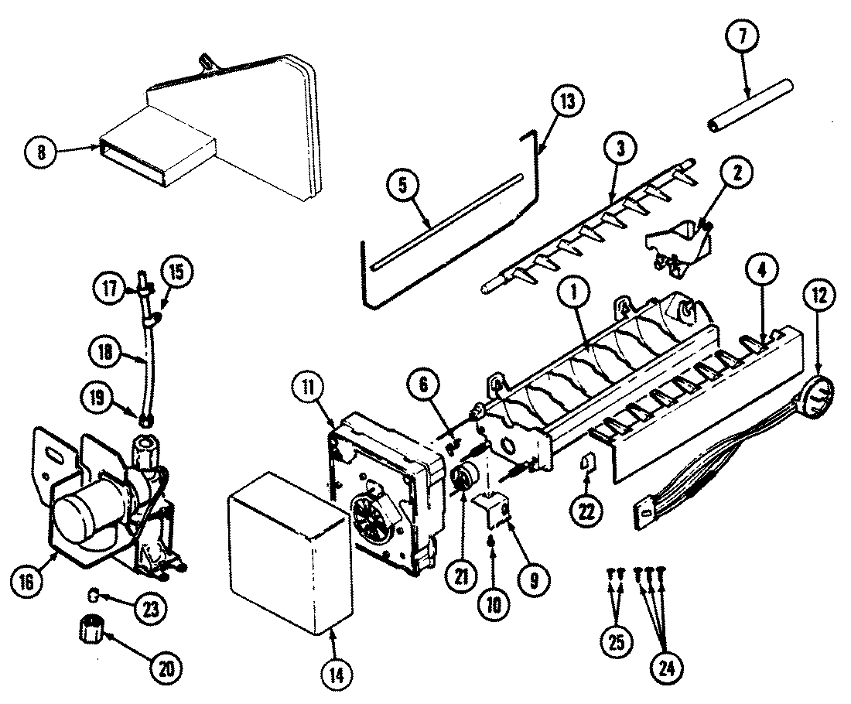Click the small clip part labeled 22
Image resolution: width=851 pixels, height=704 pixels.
(x=587, y=463)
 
